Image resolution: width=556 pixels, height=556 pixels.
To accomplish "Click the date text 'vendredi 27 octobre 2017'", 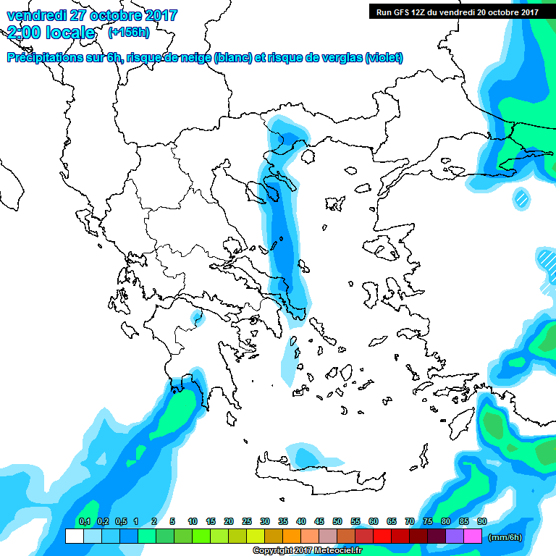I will pos(91,15).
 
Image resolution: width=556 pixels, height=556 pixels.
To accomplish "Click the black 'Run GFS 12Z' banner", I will pos(457,12).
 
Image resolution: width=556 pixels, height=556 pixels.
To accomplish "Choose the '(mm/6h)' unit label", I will pos(505,536).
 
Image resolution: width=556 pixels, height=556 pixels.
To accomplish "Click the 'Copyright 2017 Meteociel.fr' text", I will pos(306,550).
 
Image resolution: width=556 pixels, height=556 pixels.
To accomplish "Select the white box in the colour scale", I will pos(74,536).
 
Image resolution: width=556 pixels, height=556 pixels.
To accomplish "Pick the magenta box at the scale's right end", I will pos(473,536).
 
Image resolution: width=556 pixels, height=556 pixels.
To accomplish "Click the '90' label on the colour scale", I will pos(481,521).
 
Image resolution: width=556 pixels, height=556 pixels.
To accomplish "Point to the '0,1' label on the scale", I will pos(84,521).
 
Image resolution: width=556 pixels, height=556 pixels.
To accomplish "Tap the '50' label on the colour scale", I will pos(337,521).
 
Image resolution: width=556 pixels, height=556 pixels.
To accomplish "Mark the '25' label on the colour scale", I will pos(247,521).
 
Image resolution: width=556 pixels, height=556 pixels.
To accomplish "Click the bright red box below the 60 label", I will pos(382,536).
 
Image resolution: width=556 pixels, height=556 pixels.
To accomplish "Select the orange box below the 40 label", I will pos(292,536).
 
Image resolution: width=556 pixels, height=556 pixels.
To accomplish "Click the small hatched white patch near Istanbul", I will pos(520,196).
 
